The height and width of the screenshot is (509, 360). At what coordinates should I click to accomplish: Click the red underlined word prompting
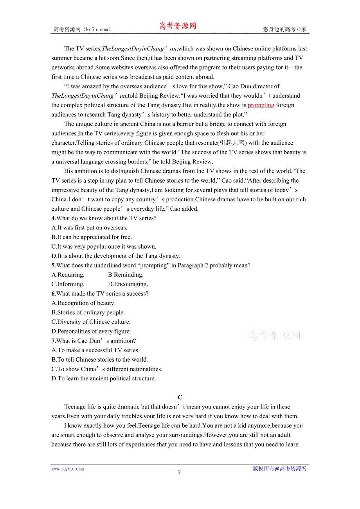point(261,105)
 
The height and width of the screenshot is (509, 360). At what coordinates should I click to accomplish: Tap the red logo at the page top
point(178,26)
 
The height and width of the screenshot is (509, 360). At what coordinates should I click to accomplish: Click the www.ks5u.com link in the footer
point(68,469)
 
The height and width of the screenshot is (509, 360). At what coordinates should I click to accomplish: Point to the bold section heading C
point(180,397)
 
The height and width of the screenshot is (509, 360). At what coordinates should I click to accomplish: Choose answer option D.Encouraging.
point(128,284)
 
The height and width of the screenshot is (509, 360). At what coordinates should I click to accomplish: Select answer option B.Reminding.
point(126,275)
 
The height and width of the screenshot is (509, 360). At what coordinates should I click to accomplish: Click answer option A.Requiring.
point(68,275)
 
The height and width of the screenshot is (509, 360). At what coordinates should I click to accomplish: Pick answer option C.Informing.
point(68,284)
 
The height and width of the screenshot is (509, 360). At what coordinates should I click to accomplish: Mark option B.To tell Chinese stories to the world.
point(100,360)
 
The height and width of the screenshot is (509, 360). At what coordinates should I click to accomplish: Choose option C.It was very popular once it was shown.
point(104,247)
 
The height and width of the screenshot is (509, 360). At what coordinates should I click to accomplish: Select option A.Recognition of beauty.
point(83,303)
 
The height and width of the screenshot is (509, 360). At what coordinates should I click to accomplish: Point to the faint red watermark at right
point(275,335)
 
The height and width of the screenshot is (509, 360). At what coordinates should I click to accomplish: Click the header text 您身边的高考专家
point(284,29)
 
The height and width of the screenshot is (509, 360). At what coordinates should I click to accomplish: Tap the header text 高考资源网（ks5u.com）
point(82,29)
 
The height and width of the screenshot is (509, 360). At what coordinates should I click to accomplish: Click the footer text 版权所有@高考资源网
point(279,469)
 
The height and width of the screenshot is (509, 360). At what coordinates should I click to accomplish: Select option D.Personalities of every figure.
point(91,332)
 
